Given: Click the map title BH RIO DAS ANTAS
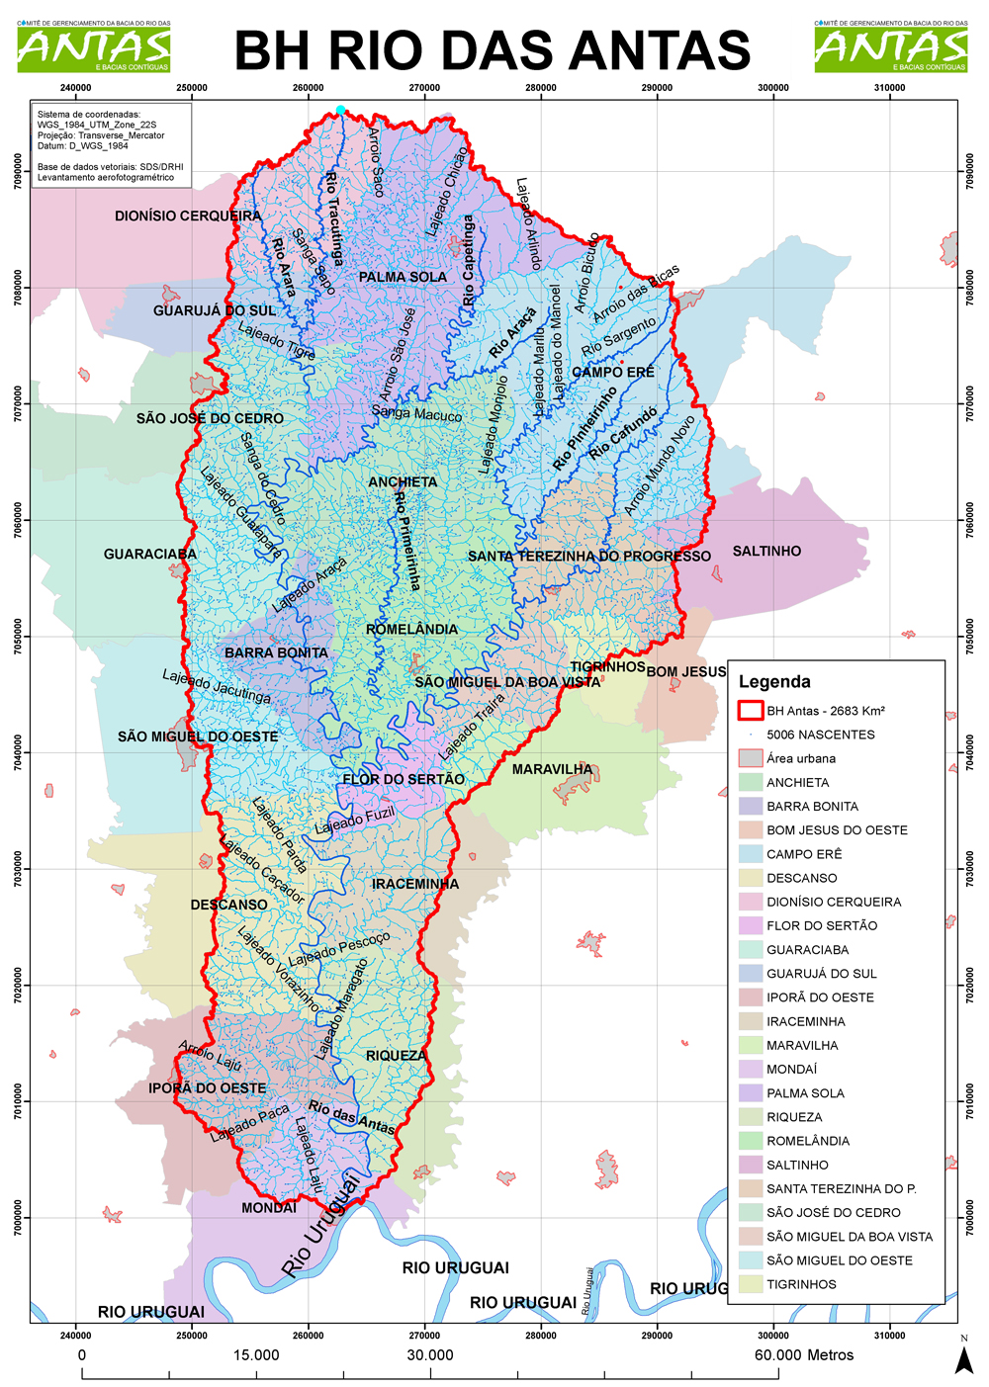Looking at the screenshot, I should click(x=493, y=50).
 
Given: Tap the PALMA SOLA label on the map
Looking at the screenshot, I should click(x=403, y=277).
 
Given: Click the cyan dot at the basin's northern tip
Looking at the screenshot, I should click(x=340, y=111).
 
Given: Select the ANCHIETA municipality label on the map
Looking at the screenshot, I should click(x=403, y=482).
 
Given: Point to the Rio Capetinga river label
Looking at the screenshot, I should click(x=469, y=261).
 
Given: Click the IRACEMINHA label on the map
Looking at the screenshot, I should click(x=415, y=884).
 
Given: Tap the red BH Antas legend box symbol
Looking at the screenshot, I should click(x=751, y=710).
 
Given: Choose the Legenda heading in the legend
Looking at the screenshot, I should click(x=774, y=681).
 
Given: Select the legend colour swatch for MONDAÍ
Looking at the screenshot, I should click(x=751, y=1069).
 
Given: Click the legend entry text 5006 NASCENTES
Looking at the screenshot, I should click(x=821, y=735).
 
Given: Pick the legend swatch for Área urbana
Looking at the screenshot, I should click(x=751, y=758).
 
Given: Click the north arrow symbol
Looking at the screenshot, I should click(x=963, y=1360).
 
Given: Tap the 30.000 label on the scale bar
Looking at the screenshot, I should click(x=430, y=1355).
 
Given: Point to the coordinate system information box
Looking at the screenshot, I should click(x=111, y=145).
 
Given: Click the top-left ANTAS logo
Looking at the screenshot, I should click(x=94, y=47).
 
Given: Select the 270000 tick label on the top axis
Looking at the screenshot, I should click(x=424, y=88).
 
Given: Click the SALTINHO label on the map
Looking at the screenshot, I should click(x=766, y=552).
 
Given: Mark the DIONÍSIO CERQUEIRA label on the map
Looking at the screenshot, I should click(x=188, y=216).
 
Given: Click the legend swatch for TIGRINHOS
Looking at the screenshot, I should click(x=751, y=1284).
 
